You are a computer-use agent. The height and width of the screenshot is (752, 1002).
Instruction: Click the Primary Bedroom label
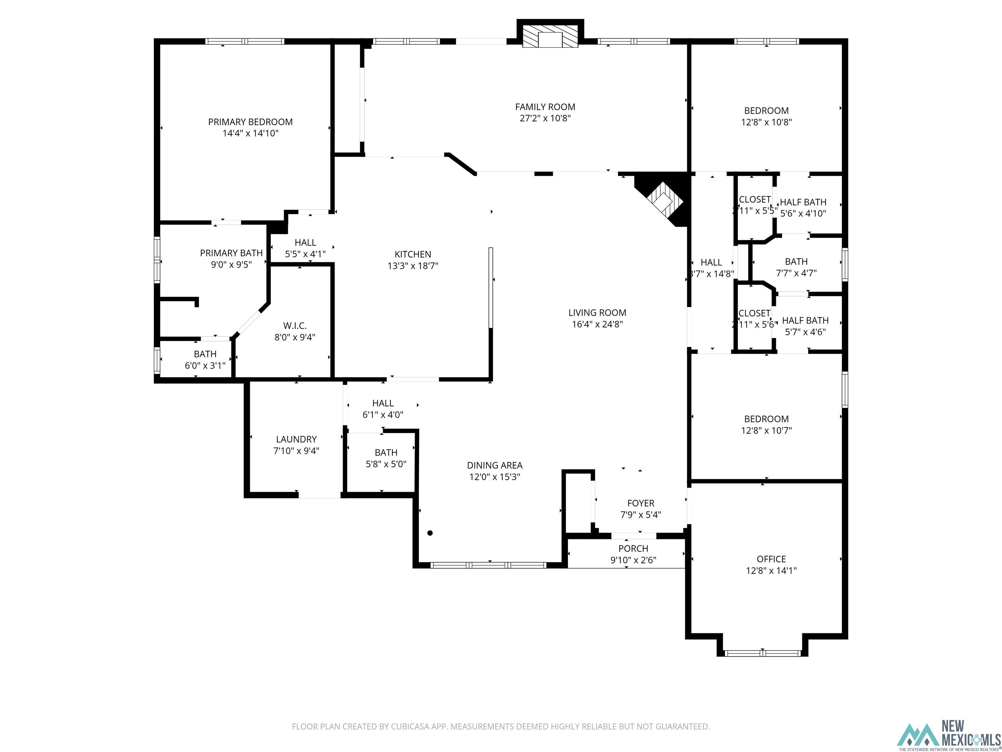coord(250,122)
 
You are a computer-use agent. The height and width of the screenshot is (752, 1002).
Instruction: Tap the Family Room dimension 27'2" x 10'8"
coord(545,118)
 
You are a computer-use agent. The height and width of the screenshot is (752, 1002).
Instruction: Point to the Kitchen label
coord(413,254)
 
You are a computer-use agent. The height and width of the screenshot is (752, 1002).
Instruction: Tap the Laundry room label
coord(296,439)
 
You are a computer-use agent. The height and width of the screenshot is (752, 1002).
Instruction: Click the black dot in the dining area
coord(430,533)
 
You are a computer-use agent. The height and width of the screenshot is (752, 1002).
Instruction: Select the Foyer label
coord(641,503)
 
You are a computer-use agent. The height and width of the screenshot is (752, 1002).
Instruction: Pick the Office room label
coord(771,559)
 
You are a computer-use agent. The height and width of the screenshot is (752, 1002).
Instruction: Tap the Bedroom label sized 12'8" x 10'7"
coord(766,419)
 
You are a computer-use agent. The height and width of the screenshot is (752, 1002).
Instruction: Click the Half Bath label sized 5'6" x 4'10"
coord(803,202)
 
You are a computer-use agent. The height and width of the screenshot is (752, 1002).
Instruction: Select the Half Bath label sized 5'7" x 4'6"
coord(805,321)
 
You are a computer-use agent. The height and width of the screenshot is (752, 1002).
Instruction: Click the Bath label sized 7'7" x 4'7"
coord(796,261)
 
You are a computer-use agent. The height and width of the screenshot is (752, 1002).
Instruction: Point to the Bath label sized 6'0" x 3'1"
coord(205,354)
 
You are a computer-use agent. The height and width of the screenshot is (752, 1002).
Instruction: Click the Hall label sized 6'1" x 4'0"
coord(383,403)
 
